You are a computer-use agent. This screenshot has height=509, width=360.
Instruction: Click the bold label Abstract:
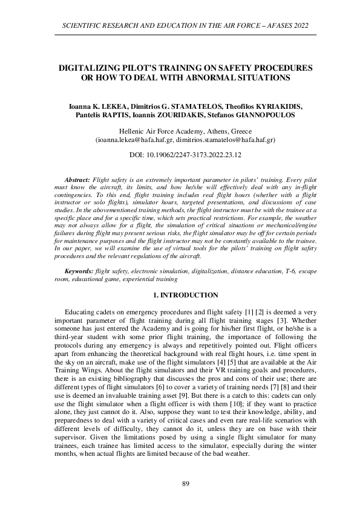coord(77,180)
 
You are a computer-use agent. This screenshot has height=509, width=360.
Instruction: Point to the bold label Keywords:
coord(79,273)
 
